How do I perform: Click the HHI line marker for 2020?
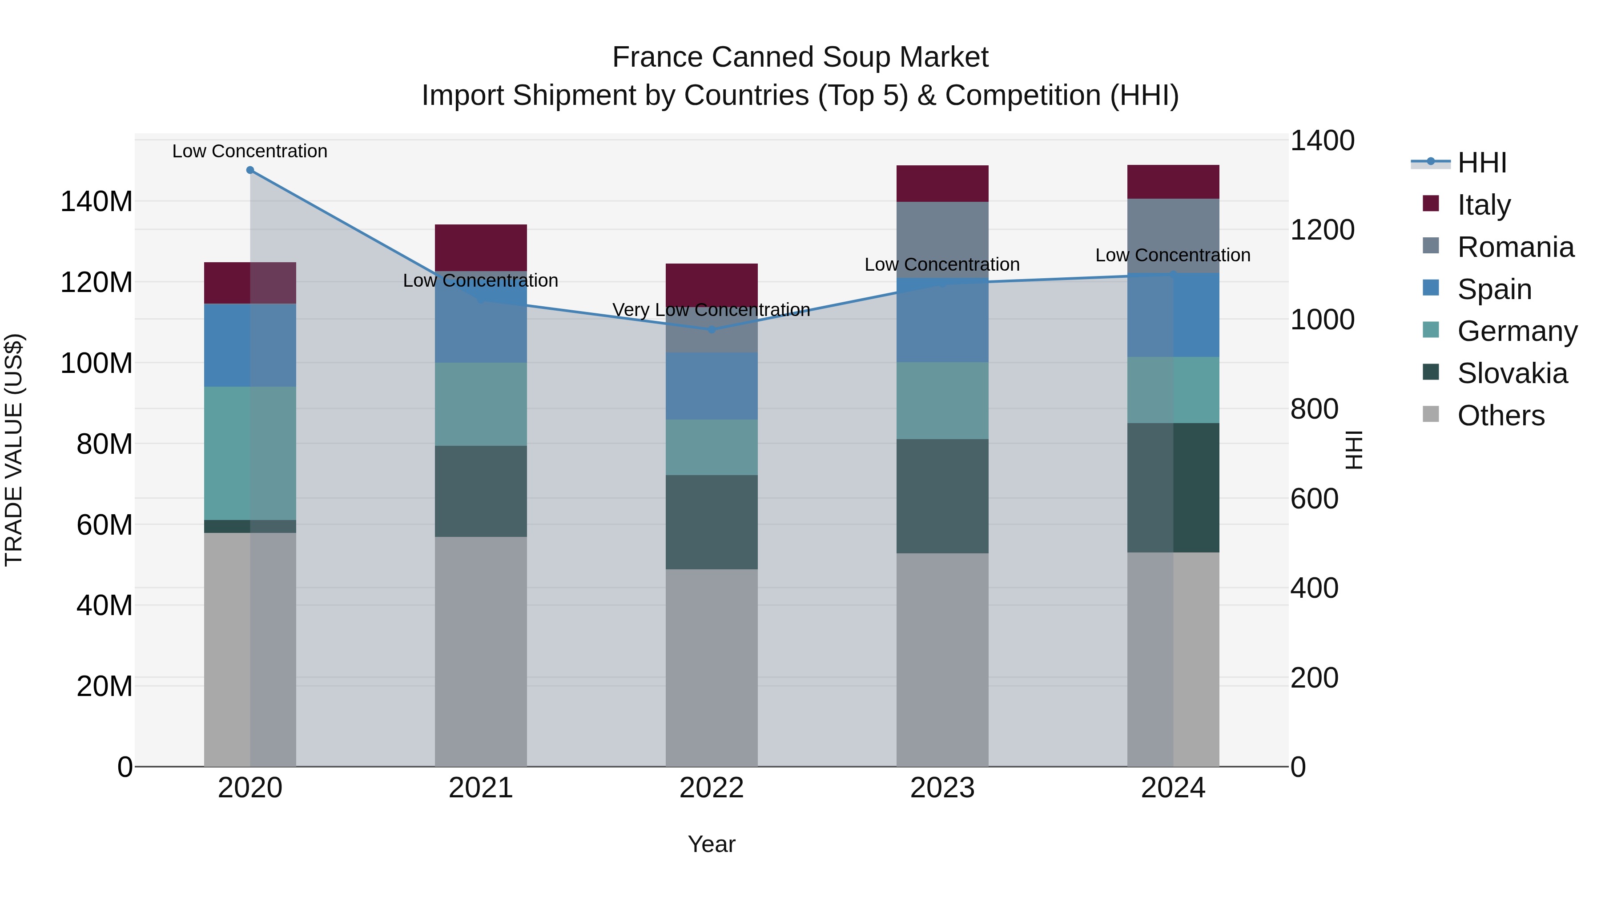(x=250, y=170)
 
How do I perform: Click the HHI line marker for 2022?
(x=712, y=330)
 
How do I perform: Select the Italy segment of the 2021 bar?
(x=480, y=247)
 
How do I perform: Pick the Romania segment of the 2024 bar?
(x=1173, y=236)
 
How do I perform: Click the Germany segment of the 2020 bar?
(x=250, y=453)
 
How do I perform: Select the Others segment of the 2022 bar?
(x=712, y=667)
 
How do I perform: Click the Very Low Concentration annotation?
(x=711, y=309)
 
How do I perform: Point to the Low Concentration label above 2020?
(x=250, y=151)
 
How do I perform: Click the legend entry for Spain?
(x=1494, y=289)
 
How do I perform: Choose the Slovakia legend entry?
(x=1512, y=373)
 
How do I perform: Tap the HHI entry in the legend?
(x=1482, y=163)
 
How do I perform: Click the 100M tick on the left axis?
(x=97, y=364)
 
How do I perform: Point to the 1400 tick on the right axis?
(x=1322, y=141)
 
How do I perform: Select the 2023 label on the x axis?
(x=942, y=788)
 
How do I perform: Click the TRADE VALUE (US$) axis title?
(x=14, y=450)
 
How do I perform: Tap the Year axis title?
(x=712, y=844)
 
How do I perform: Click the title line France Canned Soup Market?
(x=800, y=57)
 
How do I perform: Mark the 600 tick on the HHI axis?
(x=1314, y=499)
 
